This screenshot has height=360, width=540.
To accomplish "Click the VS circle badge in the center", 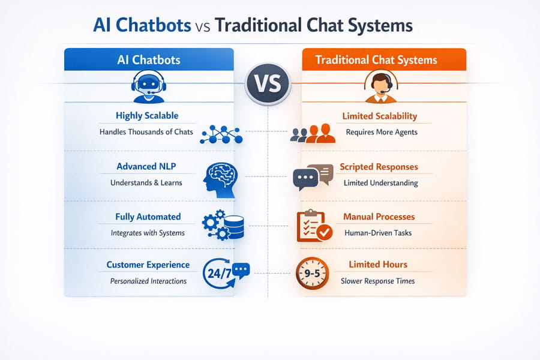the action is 268,84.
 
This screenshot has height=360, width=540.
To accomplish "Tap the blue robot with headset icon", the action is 148,86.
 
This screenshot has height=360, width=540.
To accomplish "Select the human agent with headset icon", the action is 380,87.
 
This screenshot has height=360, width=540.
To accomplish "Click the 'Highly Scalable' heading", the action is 147,116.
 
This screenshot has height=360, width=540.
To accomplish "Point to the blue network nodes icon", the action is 221,134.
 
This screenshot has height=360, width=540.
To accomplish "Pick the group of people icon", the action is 313,133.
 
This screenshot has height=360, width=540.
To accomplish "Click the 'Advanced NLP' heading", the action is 146,166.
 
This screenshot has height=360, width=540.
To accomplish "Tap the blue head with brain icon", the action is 220,180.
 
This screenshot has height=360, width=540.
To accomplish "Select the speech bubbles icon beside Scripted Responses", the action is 313,177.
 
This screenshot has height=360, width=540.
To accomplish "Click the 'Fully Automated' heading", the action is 148,217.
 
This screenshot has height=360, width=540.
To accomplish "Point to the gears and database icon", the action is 223,224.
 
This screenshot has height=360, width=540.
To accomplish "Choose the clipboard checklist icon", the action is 314,226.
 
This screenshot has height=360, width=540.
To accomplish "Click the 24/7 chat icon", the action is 226,273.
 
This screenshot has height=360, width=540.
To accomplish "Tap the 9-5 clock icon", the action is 312,274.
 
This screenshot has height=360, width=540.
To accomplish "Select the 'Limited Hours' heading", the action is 378,264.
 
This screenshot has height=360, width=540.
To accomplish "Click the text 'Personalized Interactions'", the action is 148,281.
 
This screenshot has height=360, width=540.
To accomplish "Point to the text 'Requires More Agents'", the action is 382,132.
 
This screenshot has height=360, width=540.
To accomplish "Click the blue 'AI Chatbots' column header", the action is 149,59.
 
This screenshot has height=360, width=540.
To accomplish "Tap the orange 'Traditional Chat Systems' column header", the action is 384,59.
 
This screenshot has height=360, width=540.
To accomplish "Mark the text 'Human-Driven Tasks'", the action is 378,233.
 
